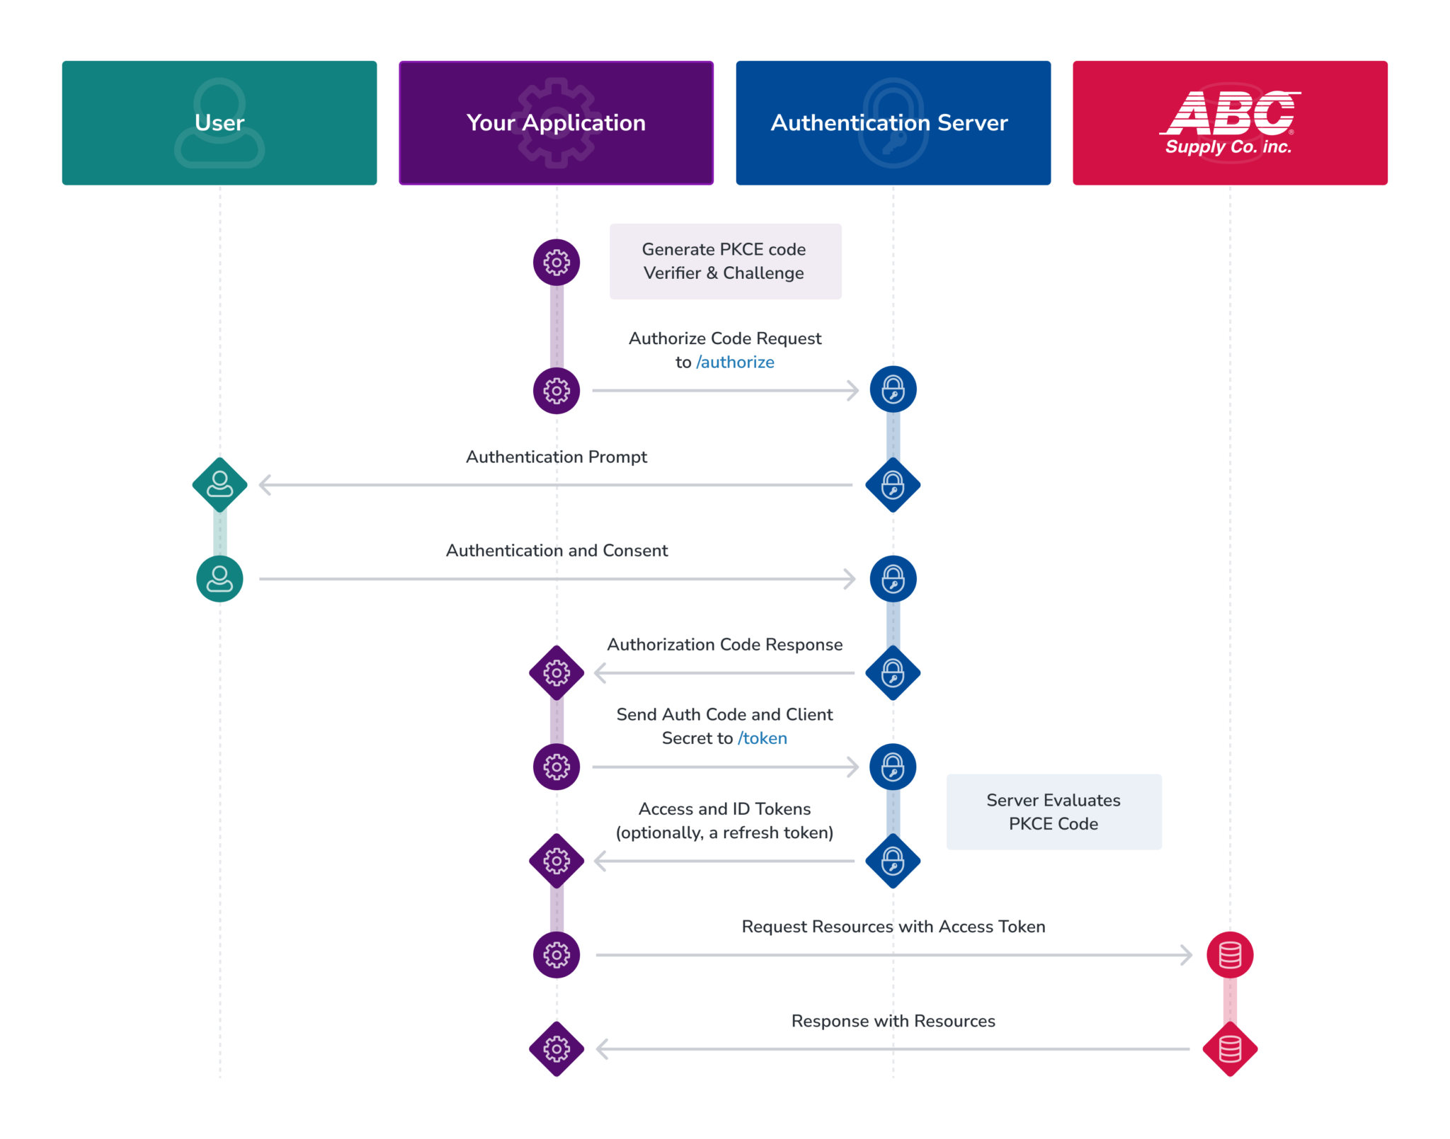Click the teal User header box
[x=219, y=123]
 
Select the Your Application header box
[x=556, y=123]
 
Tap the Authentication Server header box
[x=893, y=123]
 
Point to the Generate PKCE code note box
[x=725, y=261]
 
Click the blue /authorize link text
[x=735, y=362]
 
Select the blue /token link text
[x=762, y=738]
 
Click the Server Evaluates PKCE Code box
[x=1054, y=812]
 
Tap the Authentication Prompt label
[x=556, y=457]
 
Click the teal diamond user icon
[x=219, y=485]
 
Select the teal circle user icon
[x=219, y=579]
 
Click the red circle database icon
[x=1230, y=955]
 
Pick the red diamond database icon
[x=1230, y=1049]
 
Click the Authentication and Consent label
[x=556, y=551]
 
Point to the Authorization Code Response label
[x=724, y=645]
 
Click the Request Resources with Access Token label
[x=893, y=927]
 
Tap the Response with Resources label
[x=893, y=1021]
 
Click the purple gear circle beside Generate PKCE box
[x=556, y=263]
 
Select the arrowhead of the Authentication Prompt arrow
[x=265, y=485]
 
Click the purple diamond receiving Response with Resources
[x=556, y=1049]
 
